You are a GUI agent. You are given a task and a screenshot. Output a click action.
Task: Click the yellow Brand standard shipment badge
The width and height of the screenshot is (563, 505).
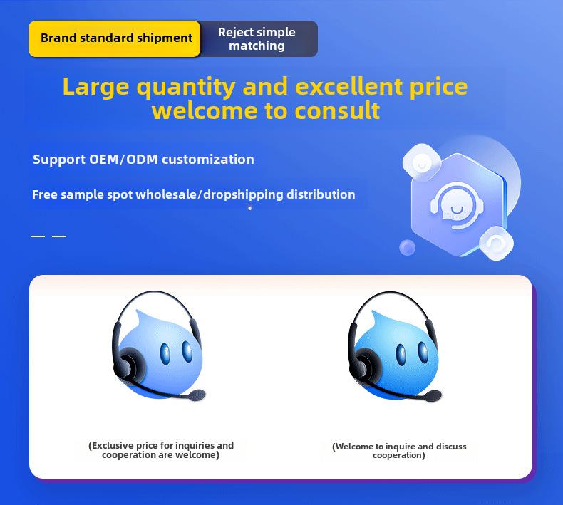(114, 38)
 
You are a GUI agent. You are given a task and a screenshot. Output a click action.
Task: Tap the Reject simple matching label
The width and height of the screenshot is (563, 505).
(257, 38)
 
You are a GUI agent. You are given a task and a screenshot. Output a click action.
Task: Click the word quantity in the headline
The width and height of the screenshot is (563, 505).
(186, 87)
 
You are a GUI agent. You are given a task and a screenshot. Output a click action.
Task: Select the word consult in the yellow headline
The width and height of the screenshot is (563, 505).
(337, 110)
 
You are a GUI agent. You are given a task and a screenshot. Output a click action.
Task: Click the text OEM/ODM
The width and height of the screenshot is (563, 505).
(123, 159)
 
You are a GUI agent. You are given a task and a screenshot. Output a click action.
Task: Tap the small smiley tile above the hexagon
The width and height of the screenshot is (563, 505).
(422, 162)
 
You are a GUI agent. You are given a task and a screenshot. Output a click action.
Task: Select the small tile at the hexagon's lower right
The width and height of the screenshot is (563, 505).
(496, 243)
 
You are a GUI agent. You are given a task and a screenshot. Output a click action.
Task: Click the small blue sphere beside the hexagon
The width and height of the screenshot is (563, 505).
(407, 247)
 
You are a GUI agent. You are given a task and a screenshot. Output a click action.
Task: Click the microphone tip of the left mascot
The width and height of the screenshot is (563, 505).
(197, 395)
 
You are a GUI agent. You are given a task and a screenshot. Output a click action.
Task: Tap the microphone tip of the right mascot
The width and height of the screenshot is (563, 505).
(433, 396)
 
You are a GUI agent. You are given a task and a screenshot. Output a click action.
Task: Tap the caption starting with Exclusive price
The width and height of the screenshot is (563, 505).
(161, 450)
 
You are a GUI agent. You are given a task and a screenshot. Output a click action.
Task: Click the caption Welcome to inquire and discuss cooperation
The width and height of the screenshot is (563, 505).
(399, 451)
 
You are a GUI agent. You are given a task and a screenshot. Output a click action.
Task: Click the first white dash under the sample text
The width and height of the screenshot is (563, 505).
(38, 236)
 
